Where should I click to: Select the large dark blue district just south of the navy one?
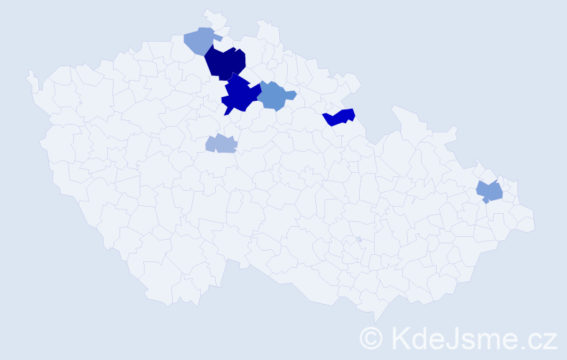(x=240, y=94)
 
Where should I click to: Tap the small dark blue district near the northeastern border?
(x=340, y=117)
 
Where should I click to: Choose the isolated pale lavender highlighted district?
(x=222, y=143)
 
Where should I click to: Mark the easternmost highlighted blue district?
(x=490, y=192)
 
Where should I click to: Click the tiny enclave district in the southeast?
(x=358, y=239)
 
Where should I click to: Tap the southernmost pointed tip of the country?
(x=376, y=321)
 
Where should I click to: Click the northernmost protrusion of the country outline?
(x=209, y=12)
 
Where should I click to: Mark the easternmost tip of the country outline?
(x=535, y=223)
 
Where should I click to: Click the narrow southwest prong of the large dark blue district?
(x=227, y=112)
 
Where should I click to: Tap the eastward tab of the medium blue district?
(x=293, y=94)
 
